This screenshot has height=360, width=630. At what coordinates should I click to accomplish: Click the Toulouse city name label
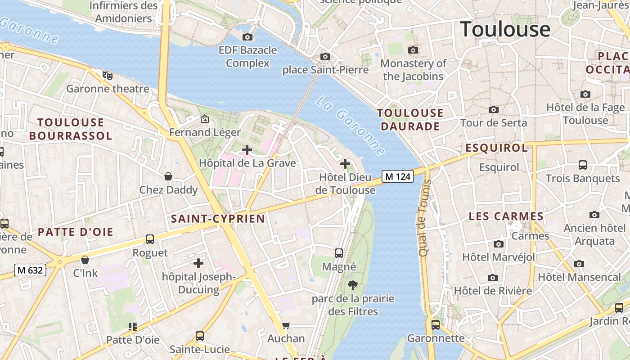(505, 29)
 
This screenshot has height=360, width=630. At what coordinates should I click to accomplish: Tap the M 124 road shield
(398, 177)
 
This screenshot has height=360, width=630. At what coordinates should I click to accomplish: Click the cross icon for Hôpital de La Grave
(247, 150)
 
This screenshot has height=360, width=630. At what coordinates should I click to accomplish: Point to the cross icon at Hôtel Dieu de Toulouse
(345, 164)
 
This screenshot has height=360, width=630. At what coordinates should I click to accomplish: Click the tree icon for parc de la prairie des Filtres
(353, 285)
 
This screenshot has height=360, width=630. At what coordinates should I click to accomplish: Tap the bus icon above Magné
(339, 253)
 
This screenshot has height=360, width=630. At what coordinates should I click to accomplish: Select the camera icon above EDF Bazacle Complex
(247, 37)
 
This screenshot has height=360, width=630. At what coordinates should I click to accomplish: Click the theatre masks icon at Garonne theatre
(107, 75)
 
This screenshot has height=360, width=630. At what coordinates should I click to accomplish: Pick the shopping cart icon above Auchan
(286, 325)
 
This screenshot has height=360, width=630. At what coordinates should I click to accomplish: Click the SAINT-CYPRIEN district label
(218, 219)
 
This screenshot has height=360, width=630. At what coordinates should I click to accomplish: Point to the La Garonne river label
(350, 126)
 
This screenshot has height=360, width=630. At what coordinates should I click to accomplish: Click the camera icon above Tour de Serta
(494, 109)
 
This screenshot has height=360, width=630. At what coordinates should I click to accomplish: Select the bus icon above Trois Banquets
(583, 165)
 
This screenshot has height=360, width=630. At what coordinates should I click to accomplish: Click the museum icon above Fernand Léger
(205, 119)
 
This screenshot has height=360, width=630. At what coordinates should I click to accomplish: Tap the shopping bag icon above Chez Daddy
(168, 176)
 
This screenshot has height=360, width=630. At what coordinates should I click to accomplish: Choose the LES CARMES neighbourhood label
(506, 216)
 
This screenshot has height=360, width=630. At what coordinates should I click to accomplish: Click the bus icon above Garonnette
(436, 324)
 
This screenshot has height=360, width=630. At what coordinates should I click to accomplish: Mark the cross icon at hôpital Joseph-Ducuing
(198, 263)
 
